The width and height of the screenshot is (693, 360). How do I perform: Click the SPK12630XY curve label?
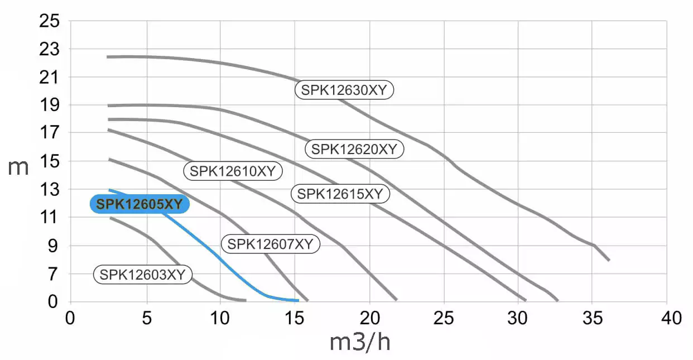(x=344, y=90)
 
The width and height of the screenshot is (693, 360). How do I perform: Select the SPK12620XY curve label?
(x=354, y=149)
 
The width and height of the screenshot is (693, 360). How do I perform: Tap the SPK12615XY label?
(x=340, y=194)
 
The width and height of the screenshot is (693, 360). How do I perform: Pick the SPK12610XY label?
(x=233, y=171)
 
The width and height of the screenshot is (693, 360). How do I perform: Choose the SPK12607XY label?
(x=271, y=244)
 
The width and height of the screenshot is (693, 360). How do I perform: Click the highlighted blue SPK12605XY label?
(x=139, y=204)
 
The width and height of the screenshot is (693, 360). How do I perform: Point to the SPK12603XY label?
(x=142, y=274)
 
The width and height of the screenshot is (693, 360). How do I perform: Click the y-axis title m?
(x=18, y=167)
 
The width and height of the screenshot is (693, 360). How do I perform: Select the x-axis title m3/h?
(x=360, y=342)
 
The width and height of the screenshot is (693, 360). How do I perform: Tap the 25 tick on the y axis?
(x=49, y=21)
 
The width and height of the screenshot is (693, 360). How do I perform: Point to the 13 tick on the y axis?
(x=49, y=190)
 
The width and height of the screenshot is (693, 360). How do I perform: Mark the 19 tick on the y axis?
(x=49, y=105)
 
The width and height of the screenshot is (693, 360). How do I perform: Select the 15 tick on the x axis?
(x=295, y=318)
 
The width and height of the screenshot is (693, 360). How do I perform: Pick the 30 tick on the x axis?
(x=519, y=318)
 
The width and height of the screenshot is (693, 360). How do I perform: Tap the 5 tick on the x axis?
(x=146, y=318)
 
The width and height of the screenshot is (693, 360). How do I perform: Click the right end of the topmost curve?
(x=609, y=260)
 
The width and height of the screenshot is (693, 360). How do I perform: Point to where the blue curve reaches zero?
(x=298, y=300)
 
